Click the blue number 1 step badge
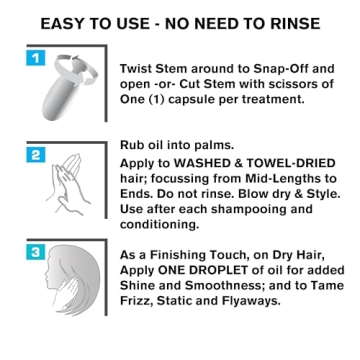pyautogui.click(x=35, y=59)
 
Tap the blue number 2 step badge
pyautogui.click(x=35, y=156)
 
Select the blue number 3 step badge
pyautogui.click(x=35, y=252)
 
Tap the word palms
pyautogui.click(x=216, y=145)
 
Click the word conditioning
pyautogui.click(x=159, y=225)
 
